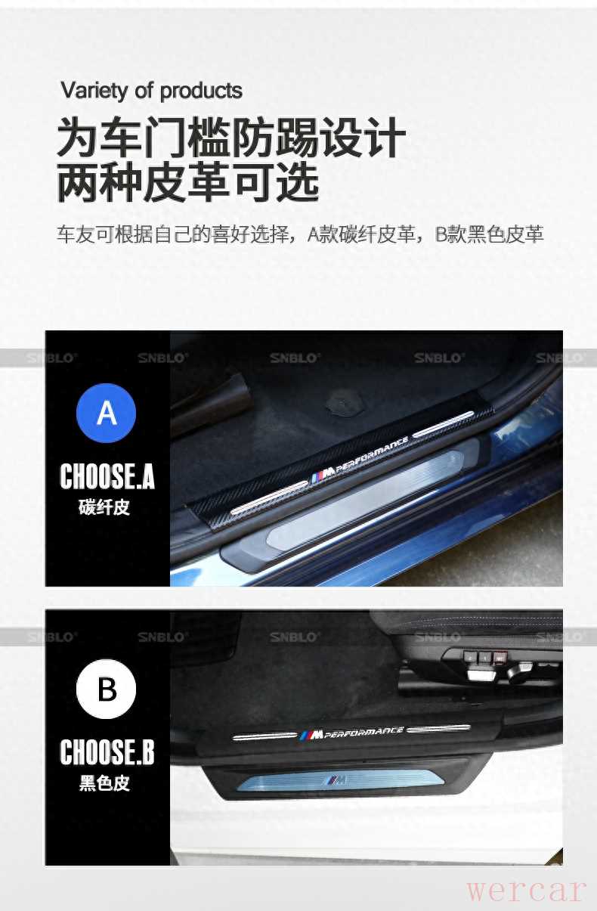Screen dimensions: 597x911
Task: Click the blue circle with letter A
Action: click(x=106, y=413)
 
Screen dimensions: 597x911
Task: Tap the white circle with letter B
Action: click(x=106, y=689)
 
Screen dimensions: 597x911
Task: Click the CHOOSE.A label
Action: click(x=107, y=476)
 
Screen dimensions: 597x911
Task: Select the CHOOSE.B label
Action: click(x=107, y=752)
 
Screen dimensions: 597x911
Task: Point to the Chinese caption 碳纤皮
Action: click(x=104, y=507)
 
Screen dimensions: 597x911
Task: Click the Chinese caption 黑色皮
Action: click(x=104, y=783)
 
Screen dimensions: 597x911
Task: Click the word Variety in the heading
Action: click(x=94, y=91)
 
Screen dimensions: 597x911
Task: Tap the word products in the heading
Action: click(x=201, y=91)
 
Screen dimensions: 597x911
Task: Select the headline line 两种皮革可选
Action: click(x=187, y=183)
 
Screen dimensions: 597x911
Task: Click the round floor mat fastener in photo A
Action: click(x=344, y=401)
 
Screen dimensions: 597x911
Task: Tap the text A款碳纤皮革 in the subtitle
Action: click(x=362, y=234)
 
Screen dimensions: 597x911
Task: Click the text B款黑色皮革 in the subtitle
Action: click(x=489, y=234)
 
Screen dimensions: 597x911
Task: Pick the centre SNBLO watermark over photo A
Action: click(x=295, y=358)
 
